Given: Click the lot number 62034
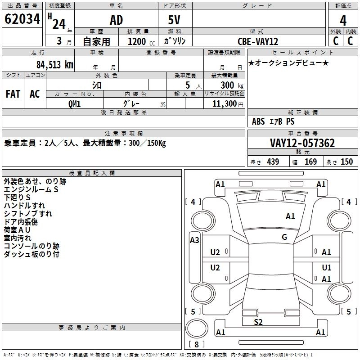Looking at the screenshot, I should (x=22, y=20).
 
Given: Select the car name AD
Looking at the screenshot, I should (x=116, y=20).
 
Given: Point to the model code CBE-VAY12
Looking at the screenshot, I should (x=258, y=41).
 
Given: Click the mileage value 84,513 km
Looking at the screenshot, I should (x=51, y=64).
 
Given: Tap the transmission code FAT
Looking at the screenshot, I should (x=13, y=94).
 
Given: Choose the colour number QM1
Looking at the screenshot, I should (x=74, y=103).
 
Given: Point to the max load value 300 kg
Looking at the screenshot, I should (x=229, y=85).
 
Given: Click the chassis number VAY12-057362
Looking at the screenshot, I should (x=302, y=143).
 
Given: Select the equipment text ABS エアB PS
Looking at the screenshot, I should (x=273, y=121).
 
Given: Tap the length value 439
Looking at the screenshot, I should (x=273, y=162).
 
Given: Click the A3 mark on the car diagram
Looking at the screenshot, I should (x=194, y=240).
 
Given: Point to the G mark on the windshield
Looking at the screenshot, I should (x=284, y=237).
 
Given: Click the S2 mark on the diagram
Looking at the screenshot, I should (x=258, y=322).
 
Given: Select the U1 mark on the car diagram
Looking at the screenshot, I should (x=326, y=267).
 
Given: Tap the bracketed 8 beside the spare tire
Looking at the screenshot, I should (x=197, y=345).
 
